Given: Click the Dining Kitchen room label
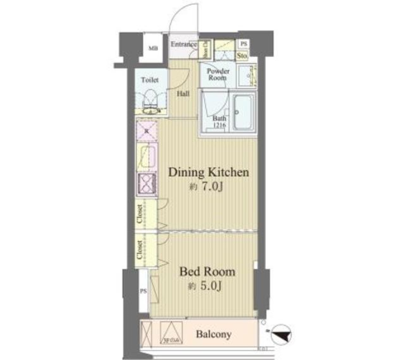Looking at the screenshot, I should [208, 172].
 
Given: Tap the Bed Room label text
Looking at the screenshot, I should [207, 271].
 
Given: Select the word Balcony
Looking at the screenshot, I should [214, 335].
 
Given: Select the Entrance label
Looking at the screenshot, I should [184, 44].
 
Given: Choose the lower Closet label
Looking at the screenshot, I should [140, 250].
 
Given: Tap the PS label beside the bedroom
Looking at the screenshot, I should [143, 291].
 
